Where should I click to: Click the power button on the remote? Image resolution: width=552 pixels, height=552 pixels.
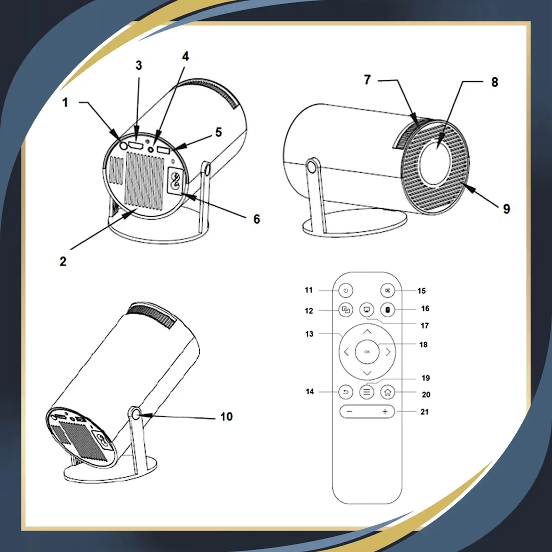(346, 291)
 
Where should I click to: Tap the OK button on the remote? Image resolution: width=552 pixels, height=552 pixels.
(367, 352)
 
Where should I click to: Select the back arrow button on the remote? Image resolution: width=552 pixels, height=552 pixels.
(346, 392)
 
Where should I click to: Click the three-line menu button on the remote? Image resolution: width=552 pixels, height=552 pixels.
(367, 392)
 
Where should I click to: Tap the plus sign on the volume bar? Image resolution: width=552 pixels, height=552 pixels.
(385, 411)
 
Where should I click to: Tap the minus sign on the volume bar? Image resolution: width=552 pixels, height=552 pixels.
(349, 411)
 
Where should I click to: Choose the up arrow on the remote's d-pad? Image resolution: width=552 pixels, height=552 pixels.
(367, 331)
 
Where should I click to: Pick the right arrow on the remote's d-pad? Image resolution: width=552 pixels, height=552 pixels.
(388, 352)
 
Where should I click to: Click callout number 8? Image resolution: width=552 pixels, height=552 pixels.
(495, 82)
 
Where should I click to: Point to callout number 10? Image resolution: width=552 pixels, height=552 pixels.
(226, 417)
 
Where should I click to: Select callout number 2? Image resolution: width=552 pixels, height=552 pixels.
(63, 261)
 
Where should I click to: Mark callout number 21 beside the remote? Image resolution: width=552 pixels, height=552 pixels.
(425, 411)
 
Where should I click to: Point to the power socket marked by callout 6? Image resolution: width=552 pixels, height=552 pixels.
(175, 180)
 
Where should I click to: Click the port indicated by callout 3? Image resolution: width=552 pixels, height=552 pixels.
(136, 146)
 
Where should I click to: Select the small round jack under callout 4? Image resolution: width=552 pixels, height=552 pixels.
(152, 149)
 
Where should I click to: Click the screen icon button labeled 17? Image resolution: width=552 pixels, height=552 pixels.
(367, 310)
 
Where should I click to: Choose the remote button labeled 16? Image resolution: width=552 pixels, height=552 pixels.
(388, 310)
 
